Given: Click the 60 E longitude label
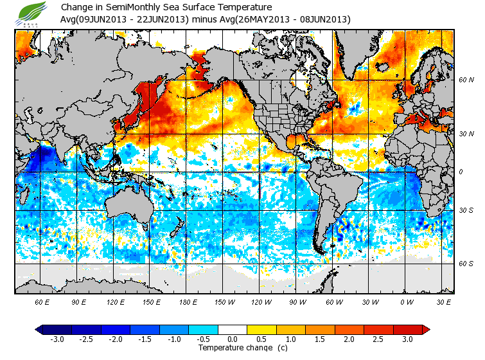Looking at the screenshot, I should [42, 301].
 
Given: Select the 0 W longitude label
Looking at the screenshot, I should [407, 301].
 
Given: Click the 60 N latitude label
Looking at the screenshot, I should [466, 80].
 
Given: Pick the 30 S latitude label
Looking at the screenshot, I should [466, 210].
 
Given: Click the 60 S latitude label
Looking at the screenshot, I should [466, 264].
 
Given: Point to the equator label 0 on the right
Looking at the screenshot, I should [461, 172].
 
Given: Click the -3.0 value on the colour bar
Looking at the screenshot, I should [57, 339].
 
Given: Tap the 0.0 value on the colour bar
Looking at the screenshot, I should [233, 339].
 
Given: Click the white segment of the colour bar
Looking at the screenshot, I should [233, 329].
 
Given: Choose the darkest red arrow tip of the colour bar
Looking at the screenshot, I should [426, 329].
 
